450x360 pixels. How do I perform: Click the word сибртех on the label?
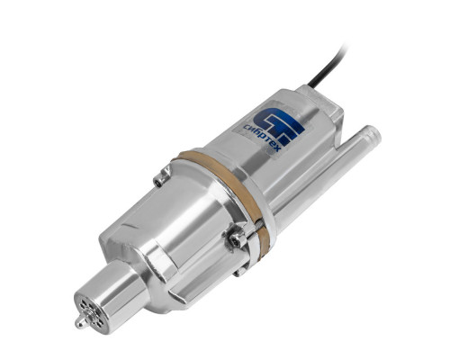pyautogui.click(x=261, y=138)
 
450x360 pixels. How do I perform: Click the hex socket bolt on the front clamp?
pyautogui.click(x=235, y=239)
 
